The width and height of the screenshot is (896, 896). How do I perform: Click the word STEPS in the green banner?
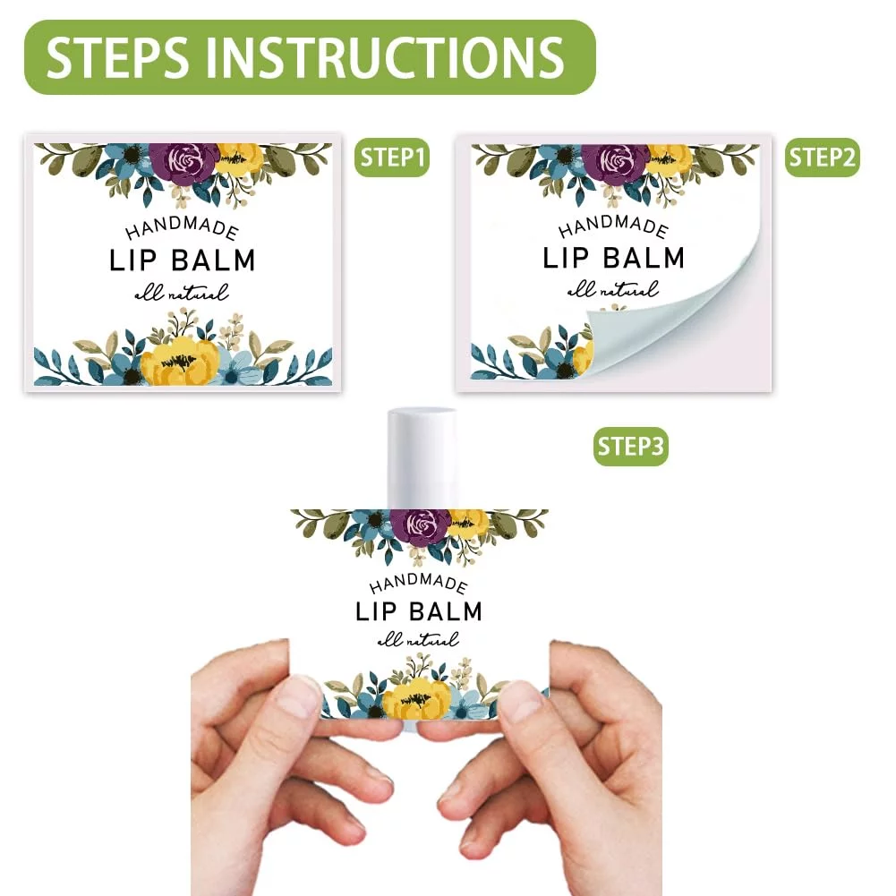tap(117, 56)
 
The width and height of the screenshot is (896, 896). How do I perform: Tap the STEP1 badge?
tap(392, 158)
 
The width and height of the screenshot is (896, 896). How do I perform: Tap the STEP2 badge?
tap(823, 158)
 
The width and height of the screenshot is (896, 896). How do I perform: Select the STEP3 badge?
tap(631, 447)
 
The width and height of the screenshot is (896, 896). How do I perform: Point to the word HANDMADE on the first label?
tap(182, 228)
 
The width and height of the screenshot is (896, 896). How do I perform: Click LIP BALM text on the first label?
tap(183, 260)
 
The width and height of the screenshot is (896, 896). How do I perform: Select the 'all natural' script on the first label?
tap(182, 293)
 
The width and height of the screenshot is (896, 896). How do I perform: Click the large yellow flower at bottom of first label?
tap(179, 360)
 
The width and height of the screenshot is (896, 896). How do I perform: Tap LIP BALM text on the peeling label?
tap(614, 258)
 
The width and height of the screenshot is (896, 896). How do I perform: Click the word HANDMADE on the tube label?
tap(419, 584)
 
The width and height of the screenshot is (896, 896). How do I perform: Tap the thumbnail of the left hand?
tap(298, 695)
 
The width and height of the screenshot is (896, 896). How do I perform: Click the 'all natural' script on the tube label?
tap(419, 639)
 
